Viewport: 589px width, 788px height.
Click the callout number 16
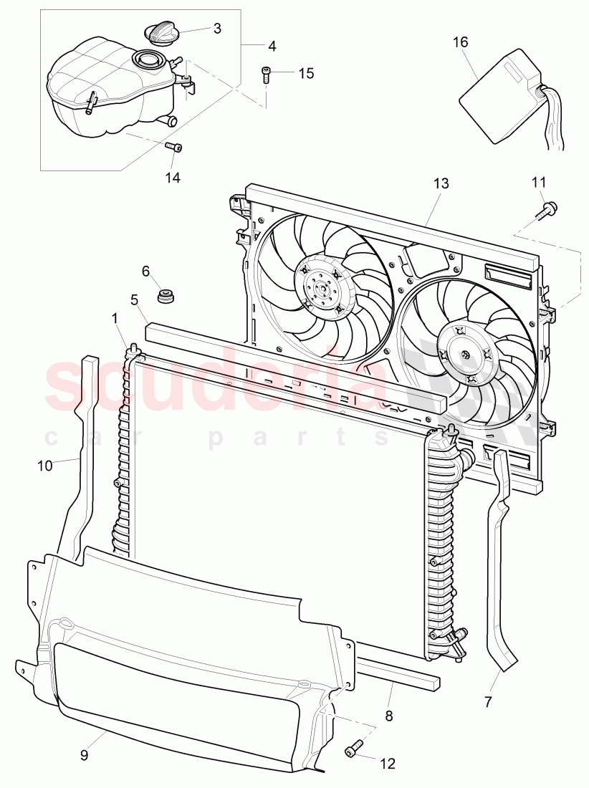(460, 42)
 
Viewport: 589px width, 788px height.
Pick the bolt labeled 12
(351, 751)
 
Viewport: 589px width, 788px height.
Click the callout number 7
(488, 703)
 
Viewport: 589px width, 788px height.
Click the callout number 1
(115, 316)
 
